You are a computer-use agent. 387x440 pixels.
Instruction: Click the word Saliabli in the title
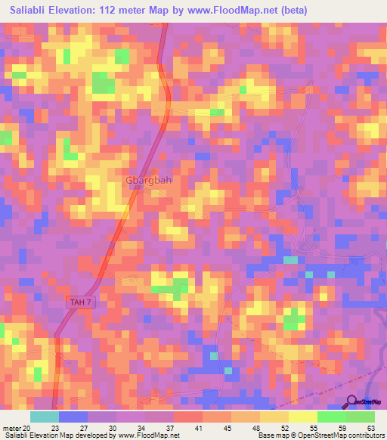pos(29,10)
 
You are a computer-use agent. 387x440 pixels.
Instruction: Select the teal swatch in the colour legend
pos(44,417)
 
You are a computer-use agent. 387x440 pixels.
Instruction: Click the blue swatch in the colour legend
pos(73,417)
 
